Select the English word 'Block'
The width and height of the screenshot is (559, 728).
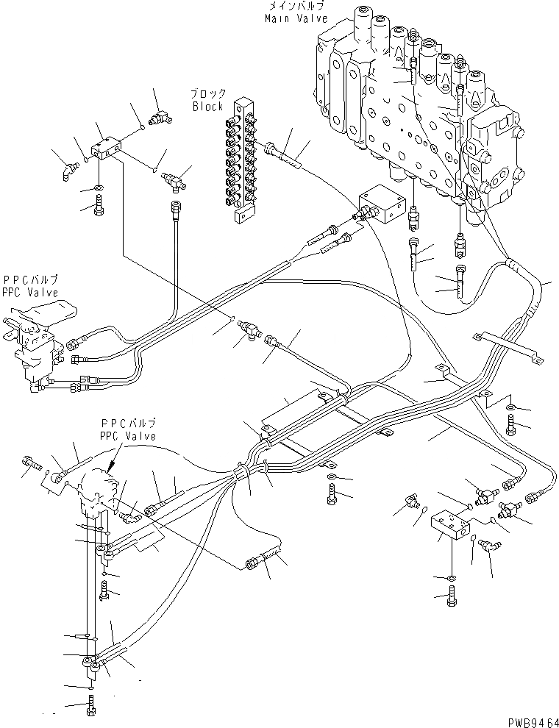[207, 107]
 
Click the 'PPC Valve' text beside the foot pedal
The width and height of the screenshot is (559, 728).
[30, 291]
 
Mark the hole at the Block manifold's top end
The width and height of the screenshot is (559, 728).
[240, 102]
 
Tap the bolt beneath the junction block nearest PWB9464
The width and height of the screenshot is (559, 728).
[452, 597]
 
